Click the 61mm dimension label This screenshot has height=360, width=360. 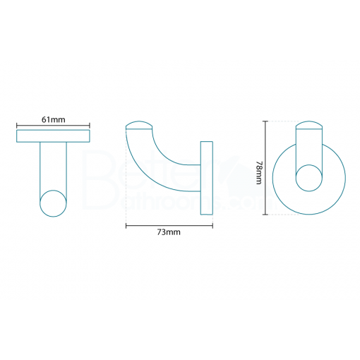[x=53, y=119]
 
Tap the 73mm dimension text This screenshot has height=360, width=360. [x=169, y=234]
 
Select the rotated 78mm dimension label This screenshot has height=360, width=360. [x=260, y=170]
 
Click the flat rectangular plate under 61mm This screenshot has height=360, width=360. [x=53, y=136]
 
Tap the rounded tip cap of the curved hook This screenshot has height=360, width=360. [x=140, y=128]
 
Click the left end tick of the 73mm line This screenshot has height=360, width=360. [x=126, y=226]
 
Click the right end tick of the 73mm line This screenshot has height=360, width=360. [x=213, y=226]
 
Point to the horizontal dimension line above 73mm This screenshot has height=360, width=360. [x=169, y=226]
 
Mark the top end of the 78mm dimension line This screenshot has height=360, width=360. [x=266, y=121]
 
